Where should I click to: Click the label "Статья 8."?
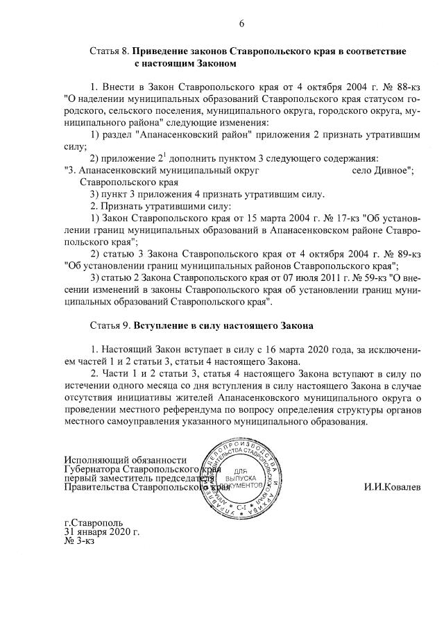[110, 52]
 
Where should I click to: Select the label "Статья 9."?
[110, 325]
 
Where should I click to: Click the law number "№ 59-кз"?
[350, 277]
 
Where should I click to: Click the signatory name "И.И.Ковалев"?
[392, 486]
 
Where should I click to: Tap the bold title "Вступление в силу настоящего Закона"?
[224, 325]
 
